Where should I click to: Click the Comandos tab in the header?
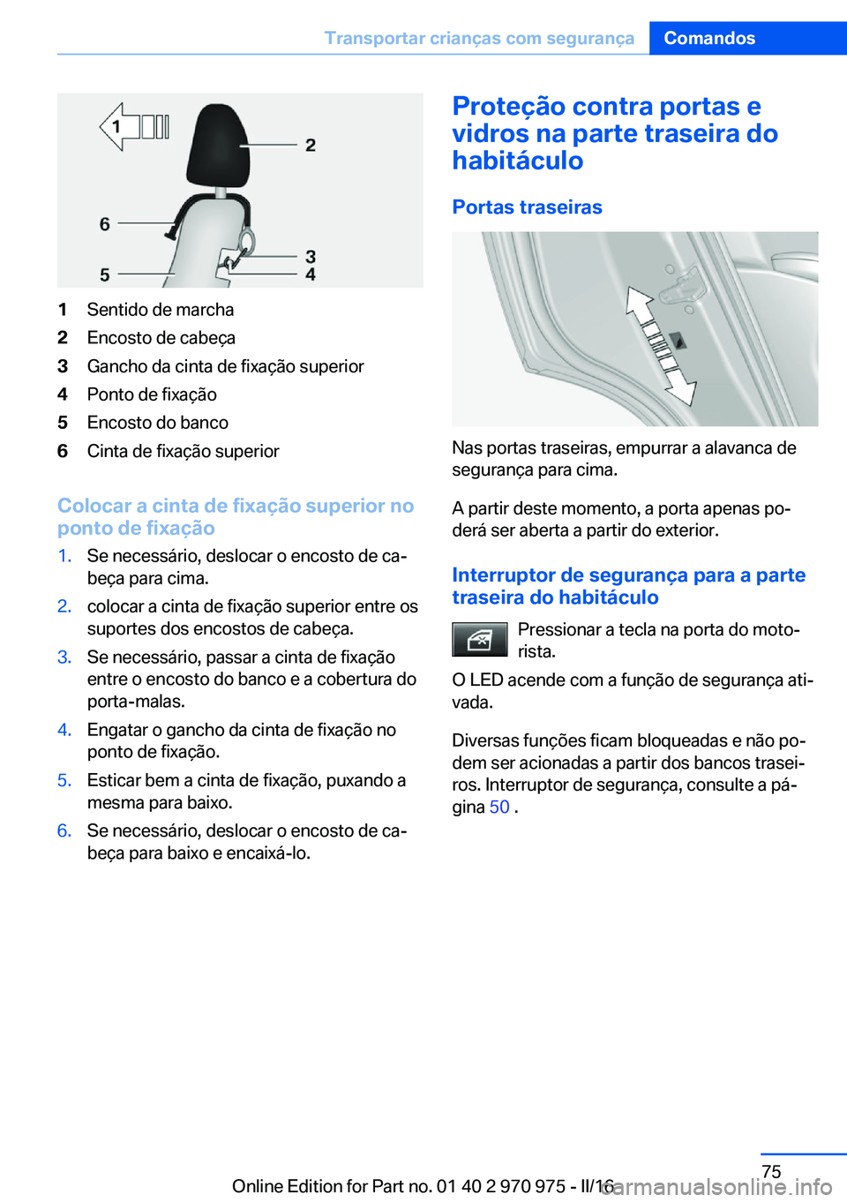(709, 38)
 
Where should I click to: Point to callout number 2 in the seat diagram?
(311, 145)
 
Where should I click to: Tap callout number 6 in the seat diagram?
(105, 224)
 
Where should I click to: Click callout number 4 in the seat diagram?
(311, 274)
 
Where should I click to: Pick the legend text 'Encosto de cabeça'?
(161, 338)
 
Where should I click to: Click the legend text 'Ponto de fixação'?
(152, 394)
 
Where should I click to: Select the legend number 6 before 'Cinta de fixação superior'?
(63, 451)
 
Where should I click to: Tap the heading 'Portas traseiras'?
(527, 207)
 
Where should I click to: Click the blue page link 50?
(499, 808)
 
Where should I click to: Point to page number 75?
(771, 1171)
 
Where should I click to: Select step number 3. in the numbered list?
(64, 657)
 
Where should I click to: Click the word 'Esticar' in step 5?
(114, 781)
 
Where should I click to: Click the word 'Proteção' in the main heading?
(508, 107)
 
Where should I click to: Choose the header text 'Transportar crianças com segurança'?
(479, 38)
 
